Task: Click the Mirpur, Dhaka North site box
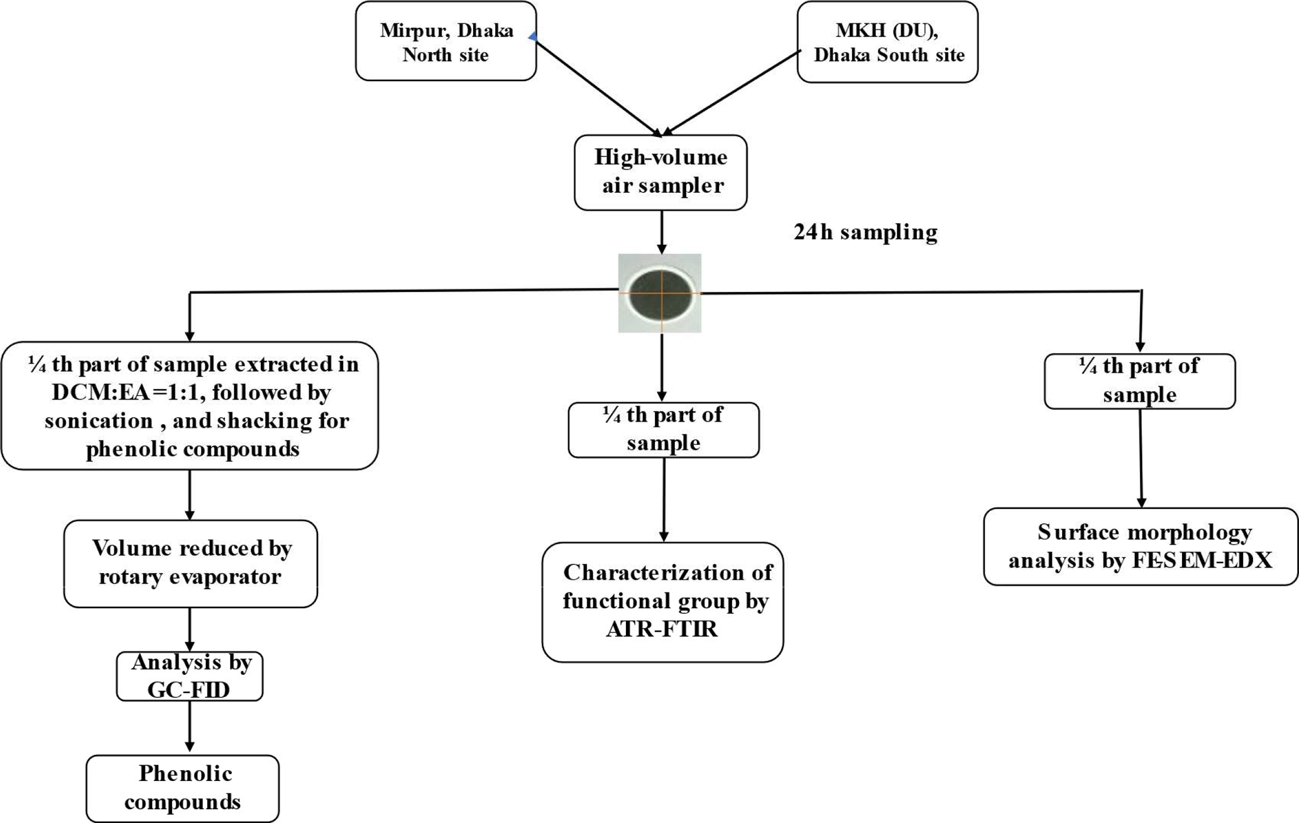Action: point(446,41)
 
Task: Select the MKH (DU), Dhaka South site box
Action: point(887,43)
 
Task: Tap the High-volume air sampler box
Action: point(660,172)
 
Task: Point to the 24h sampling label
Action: point(865,232)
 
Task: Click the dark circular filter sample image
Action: point(660,293)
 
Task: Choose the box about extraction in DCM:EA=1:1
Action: point(190,406)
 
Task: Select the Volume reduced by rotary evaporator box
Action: point(190,563)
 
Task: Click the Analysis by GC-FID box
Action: point(189,676)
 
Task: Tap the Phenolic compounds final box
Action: point(182,788)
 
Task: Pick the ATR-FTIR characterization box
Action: point(662,601)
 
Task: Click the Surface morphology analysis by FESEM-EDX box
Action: point(1140,547)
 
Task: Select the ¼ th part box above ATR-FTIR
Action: point(663,430)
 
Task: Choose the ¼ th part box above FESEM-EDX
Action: point(1139,381)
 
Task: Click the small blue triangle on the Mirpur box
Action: point(532,38)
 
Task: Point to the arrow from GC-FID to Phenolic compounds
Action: point(189,728)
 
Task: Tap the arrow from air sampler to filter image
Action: point(661,232)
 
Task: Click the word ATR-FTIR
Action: point(661,630)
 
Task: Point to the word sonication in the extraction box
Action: point(99,421)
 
